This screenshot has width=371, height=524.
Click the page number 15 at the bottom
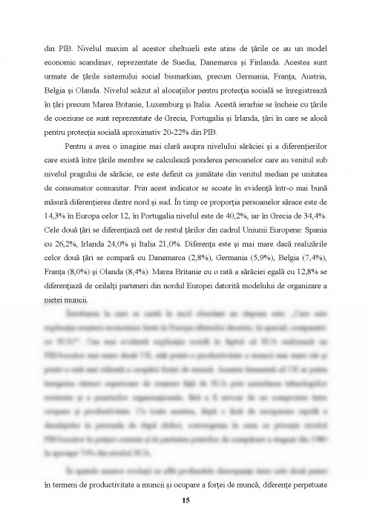coord(185,501)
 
